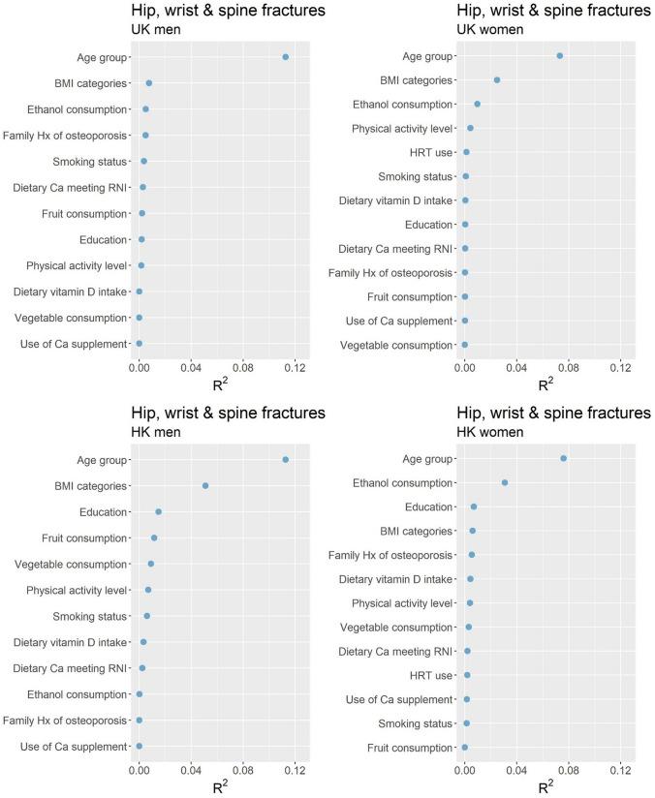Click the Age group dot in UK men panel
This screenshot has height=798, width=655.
coord(285,57)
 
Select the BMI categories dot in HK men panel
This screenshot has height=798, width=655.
coord(205,485)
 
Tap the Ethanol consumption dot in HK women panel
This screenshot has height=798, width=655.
coord(505,482)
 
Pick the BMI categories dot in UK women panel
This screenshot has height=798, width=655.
coord(497,79)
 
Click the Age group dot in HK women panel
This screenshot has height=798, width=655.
coord(563,458)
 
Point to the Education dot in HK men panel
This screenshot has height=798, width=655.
coord(159,511)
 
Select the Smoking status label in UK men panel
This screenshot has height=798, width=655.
coord(90,162)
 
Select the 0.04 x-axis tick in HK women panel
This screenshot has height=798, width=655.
coord(516,770)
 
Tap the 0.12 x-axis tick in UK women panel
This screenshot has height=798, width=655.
coord(620,368)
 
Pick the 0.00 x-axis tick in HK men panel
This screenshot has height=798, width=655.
coord(139,770)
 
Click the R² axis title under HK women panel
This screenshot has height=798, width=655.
coord(546,786)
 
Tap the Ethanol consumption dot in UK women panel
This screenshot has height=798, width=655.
coord(477,104)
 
